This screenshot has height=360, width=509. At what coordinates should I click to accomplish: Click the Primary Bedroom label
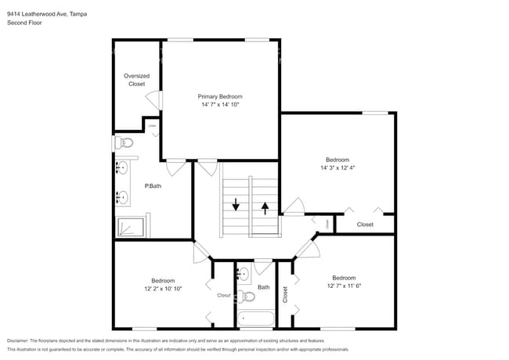(x=219, y=95)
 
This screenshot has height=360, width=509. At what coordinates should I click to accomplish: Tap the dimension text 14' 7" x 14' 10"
(x=219, y=104)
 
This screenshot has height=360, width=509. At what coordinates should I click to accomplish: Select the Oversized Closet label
(x=136, y=80)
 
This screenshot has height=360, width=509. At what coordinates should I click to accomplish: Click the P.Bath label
(x=153, y=185)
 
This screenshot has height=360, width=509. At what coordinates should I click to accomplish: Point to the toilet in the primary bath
(x=125, y=142)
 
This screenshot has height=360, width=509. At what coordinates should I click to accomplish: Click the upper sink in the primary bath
(x=123, y=168)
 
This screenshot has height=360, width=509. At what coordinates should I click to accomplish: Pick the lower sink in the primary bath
(x=123, y=196)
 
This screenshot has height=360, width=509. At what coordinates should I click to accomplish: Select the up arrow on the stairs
(x=265, y=207)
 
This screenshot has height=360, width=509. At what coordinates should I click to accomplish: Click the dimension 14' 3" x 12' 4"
(x=338, y=167)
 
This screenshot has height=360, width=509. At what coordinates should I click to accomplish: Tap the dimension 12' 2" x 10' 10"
(x=163, y=289)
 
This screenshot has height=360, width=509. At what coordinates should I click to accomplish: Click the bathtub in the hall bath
(x=255, y=319)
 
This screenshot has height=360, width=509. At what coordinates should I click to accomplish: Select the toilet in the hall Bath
(x=247, y=296)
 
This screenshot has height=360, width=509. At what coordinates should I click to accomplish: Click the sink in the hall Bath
(x=243, y=274)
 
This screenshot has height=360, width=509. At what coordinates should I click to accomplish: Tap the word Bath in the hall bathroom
(x=264, y=287)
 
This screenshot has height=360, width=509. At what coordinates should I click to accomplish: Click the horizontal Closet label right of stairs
(x=365, y=225)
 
